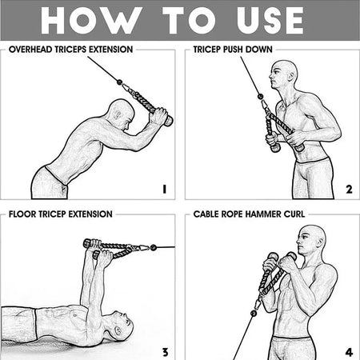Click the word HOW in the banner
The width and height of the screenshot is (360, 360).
(84, 21)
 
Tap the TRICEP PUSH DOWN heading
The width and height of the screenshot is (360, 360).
(233, 49)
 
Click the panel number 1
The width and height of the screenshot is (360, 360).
(164, 190)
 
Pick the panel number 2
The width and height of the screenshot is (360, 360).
(349, 190)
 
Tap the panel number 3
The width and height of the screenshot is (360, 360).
(164, 351)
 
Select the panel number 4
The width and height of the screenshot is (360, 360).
(349, 351)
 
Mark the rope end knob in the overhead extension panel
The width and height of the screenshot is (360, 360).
(168, 122)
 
